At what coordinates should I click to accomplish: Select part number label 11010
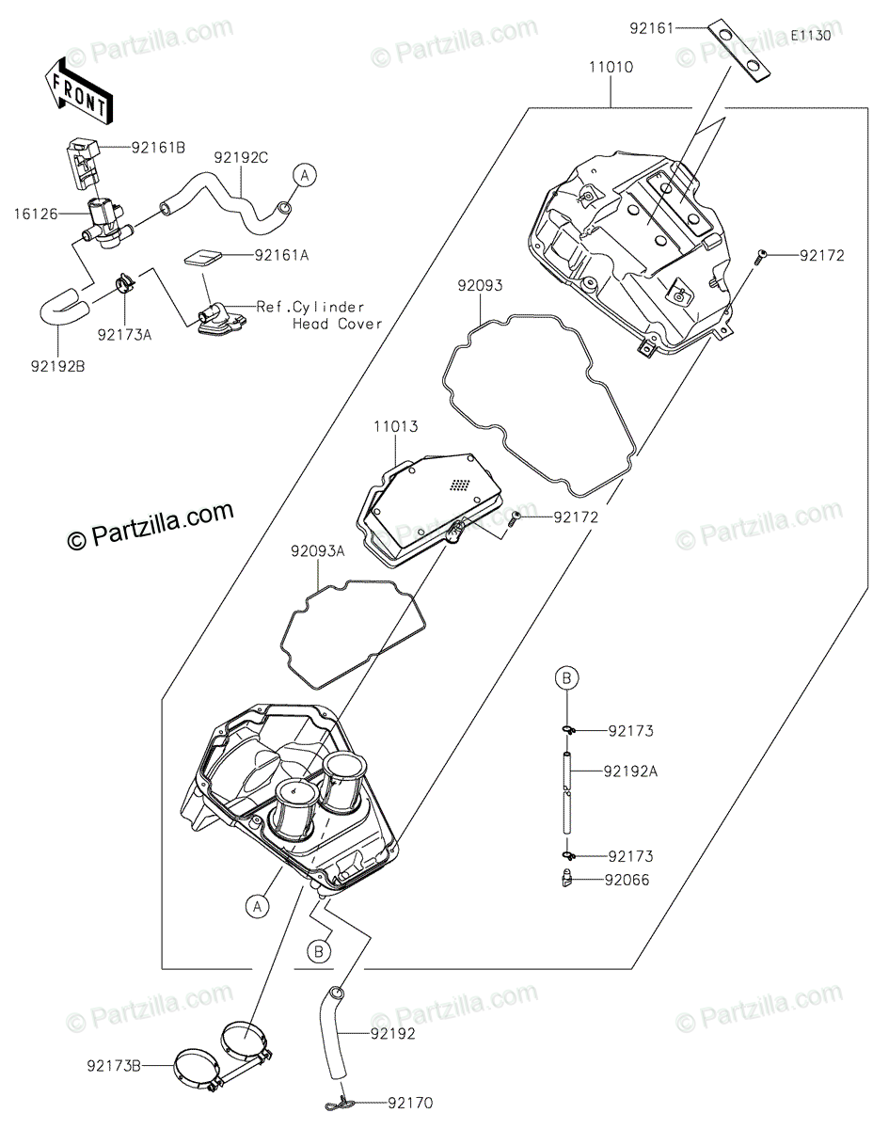611,68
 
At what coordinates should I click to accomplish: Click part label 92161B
158,147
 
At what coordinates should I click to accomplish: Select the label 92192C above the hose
241,158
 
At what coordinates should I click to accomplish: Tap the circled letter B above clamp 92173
568,677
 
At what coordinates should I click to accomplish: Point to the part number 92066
629,881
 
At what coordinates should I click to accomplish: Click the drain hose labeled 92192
338,1035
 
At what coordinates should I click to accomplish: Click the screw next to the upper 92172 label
763,253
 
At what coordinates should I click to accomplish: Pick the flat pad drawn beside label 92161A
207,257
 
